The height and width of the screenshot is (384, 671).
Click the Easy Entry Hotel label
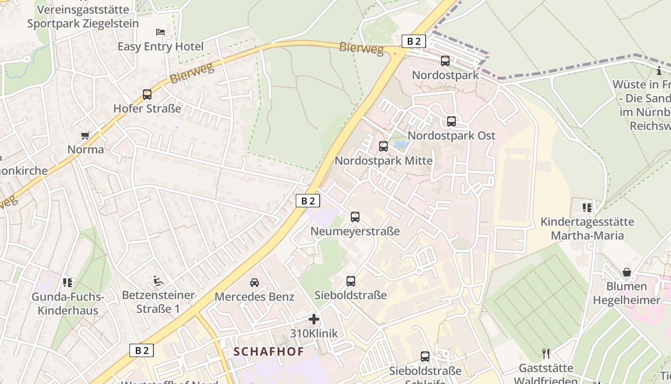click(x=161, y=47)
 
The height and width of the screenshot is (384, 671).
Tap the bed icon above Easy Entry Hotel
click(x=161, y=32)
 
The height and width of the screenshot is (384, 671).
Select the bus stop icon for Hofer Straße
click(x=147, y=95)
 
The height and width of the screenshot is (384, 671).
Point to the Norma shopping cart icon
click(x=85, y=135)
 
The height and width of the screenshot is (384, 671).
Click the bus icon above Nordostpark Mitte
click(x=383, y=146)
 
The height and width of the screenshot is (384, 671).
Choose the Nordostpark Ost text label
click(x=451, y=135)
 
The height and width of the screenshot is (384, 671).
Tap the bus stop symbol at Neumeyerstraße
click(x=355, y=217)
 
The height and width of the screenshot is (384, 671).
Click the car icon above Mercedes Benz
click(x=255, y=282)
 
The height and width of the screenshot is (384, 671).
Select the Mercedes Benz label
click(x=254, y=297)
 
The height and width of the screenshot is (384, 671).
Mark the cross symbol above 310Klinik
click(x=314, y=319)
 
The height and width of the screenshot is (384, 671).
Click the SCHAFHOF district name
click(x=269, y=351)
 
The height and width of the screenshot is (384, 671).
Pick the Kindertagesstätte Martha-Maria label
click(x=587, y=228)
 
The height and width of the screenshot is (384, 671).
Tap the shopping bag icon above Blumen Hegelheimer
click(x=626, y=273)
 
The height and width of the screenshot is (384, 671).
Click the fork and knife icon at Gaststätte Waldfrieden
click(x=545, y=354)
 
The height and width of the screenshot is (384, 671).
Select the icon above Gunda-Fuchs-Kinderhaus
click(x=68, y=282)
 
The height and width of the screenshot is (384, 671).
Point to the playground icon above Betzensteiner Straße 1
click(x=158, y=280)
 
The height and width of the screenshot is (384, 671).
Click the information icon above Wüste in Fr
click(x=659, y=72)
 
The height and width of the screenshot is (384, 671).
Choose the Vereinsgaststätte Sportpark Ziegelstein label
click(x=83, y=16)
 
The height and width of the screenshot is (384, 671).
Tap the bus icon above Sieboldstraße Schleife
click(x=425, y=357)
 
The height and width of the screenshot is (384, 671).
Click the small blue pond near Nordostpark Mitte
click(x=401, y=144)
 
